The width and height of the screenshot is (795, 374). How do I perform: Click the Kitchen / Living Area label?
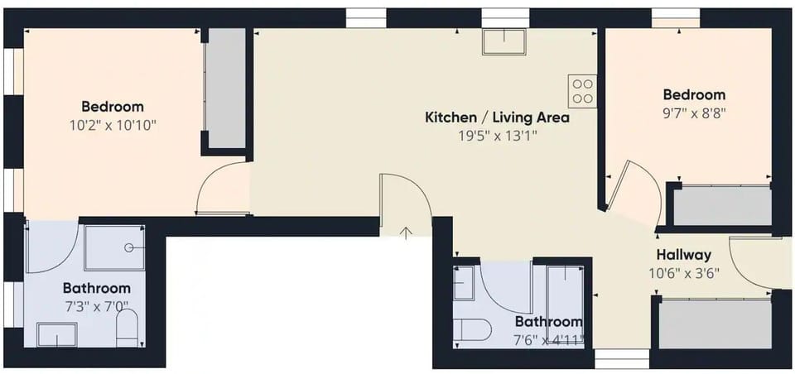(x=497, y=118)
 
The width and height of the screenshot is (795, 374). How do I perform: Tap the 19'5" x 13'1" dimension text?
(x=497, y=136)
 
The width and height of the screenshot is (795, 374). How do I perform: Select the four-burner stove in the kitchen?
(x=582, y=91)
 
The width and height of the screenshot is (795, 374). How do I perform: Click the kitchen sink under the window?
(x=504, y=41)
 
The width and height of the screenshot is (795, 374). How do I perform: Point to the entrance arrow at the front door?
(x=406, y=233)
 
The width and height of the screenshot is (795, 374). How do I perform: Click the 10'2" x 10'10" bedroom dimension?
(x=113, y=125)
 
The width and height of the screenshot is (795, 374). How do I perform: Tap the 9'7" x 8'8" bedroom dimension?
(x=695, y=113)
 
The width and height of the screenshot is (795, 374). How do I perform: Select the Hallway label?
(x=684, y=254)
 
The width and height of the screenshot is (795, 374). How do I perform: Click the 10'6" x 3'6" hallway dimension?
(x=684, y=273)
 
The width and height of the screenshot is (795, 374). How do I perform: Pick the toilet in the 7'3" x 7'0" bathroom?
(x=128, y=328)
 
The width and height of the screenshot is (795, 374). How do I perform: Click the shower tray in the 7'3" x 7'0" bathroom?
(x=114, y=247)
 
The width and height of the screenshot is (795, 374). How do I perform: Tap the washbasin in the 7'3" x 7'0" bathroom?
(x=57, y=334)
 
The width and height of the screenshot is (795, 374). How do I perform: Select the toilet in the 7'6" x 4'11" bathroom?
(x=471, y=330)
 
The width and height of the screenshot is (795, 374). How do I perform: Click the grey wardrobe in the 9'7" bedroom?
(x=722, y=205)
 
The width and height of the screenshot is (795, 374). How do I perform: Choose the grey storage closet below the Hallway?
(x=715, y=324)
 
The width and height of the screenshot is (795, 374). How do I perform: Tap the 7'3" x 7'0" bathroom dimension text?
(x=97, y=307)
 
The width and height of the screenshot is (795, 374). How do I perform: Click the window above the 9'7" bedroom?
(x=676, y=17)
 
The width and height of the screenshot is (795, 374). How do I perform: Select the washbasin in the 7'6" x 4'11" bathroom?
(x=464, y=283)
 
